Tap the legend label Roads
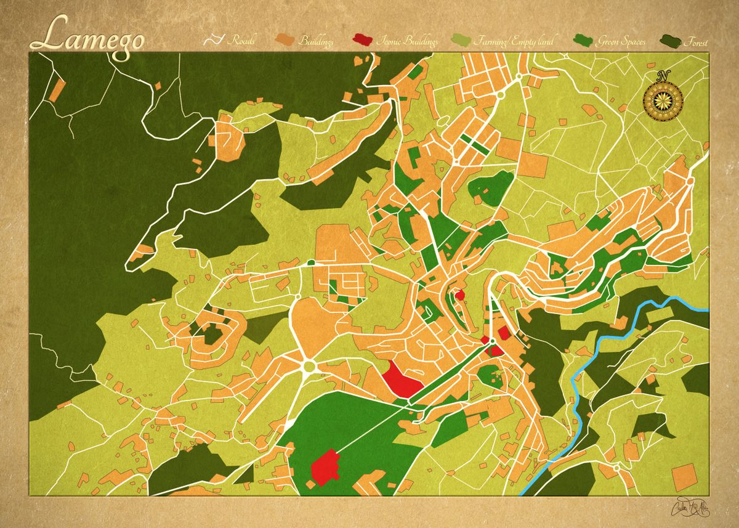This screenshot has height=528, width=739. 243,41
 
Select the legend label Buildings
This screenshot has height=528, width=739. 316,42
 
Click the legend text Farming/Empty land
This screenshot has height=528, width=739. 514,42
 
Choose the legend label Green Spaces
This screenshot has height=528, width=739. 620,42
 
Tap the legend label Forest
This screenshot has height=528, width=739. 695,43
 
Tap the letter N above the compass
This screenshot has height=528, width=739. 663,76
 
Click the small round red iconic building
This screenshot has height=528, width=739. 459,294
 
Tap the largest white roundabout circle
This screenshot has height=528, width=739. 309,367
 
